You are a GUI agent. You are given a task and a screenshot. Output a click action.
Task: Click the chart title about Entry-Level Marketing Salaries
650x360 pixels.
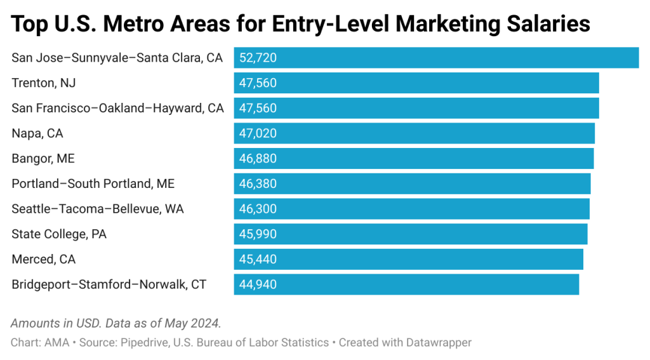click(x=301, y=24)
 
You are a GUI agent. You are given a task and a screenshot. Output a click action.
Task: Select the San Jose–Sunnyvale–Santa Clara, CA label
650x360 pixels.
click(x=117, y=58)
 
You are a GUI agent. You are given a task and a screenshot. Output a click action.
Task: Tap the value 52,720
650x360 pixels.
click(x=258, y=58)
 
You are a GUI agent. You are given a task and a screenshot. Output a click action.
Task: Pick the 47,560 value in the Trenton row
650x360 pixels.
click(x=258, y=83)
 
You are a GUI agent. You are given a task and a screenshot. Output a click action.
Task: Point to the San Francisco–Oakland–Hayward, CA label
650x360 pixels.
click(x=117, y=108)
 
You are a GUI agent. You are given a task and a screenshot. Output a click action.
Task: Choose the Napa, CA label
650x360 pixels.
click(x=37, y=133)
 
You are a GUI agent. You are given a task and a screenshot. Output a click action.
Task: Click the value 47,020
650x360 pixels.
click(x=258, y=133)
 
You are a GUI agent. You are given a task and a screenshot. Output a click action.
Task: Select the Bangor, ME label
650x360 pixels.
click(x=43, y=159)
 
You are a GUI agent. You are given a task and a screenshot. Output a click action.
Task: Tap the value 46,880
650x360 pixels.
click(x=258, y=159)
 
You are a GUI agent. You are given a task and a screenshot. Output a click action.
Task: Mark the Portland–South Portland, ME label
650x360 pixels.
click(x=93, y=183)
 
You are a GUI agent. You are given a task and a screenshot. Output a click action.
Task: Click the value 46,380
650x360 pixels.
click(x=258, y=183)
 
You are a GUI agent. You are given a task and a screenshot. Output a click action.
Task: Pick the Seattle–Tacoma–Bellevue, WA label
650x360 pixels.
click(x=97, y=209)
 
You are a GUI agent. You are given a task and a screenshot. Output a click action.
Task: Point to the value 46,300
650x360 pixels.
click(x=258, y=209)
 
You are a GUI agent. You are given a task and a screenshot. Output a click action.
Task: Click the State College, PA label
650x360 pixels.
click(x=59, y=234)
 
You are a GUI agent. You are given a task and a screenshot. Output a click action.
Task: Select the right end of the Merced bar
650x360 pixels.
click(x=582, y=259)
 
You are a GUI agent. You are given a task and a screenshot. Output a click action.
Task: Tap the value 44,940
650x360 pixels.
click(x=258, y=284)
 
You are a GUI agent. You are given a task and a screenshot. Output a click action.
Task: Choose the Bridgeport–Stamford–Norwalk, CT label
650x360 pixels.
click(x=109, y=284)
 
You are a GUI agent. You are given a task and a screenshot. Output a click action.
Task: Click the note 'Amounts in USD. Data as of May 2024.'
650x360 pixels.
click(x=116, y=323)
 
